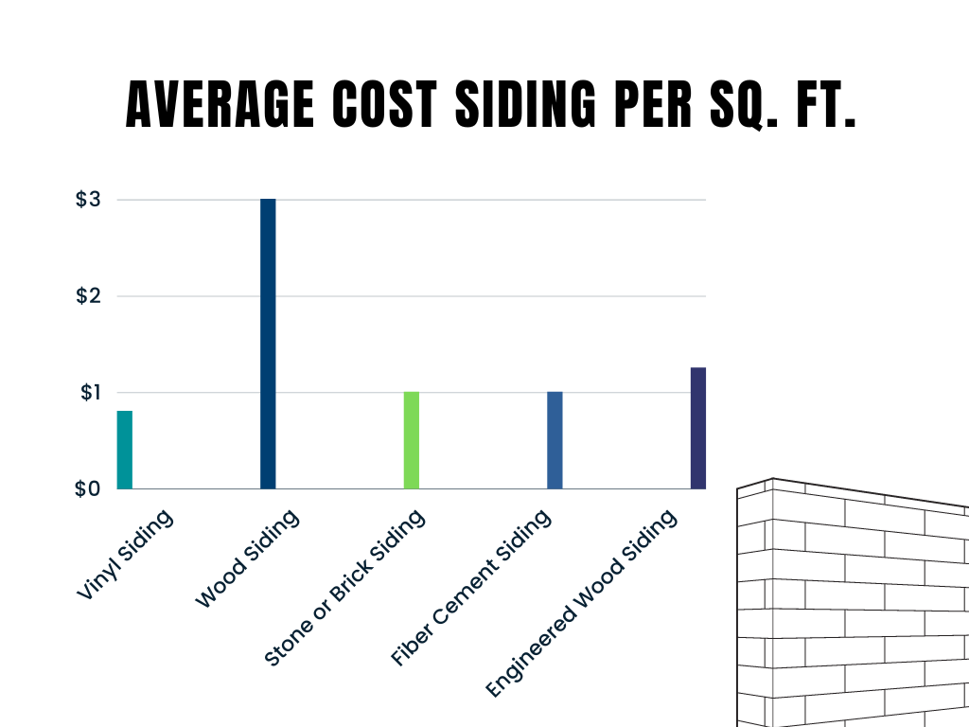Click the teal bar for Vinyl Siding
124,450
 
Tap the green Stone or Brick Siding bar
412,440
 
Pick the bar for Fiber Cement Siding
555,440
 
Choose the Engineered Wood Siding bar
698,428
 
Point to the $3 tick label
88,200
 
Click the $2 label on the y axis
88,296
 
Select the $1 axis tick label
89,392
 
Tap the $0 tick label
88,488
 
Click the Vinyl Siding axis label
125,555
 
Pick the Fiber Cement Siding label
470,588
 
